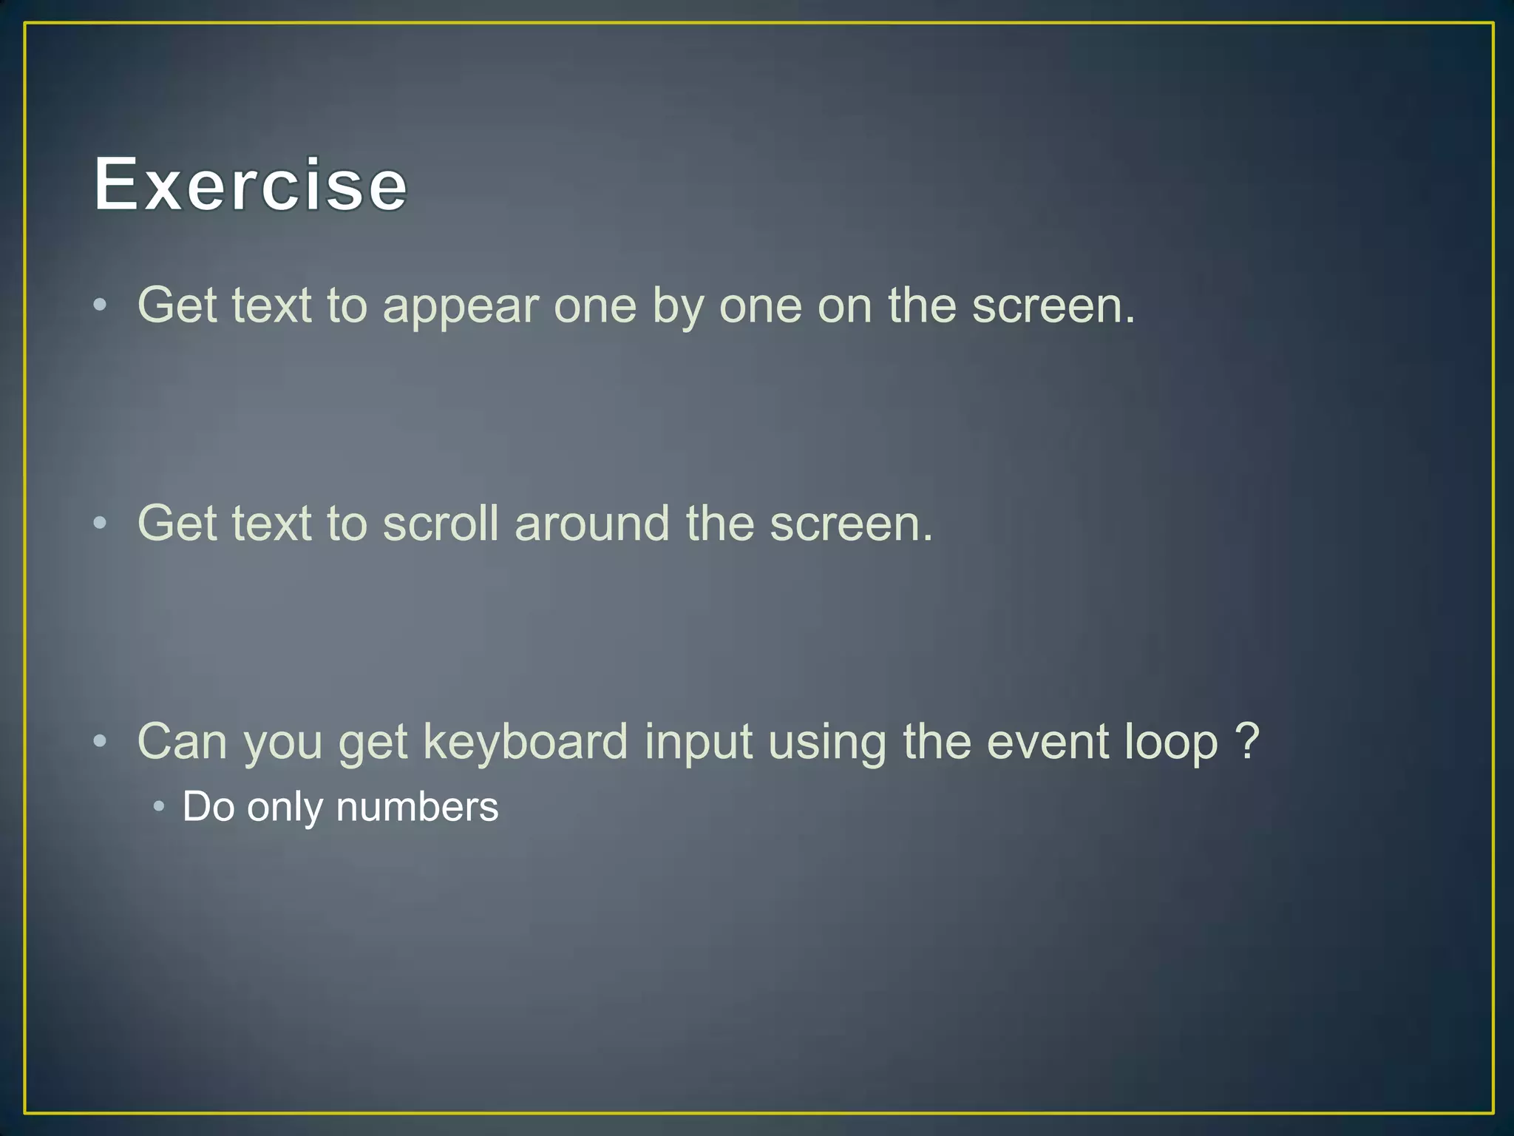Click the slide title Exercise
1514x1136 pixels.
pos(250,184)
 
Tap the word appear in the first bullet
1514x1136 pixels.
pos(461,306)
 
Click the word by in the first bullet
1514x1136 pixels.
pos(678,306)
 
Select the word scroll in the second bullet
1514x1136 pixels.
pos(441,524)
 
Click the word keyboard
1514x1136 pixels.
pos(525,741)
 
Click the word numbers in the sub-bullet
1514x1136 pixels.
pos(417,807)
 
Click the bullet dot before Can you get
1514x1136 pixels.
pos(101,741)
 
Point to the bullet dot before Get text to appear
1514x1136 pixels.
pos(101,305)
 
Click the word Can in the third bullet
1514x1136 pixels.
pos(182,741)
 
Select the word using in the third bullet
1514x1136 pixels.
pos(827,743)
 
